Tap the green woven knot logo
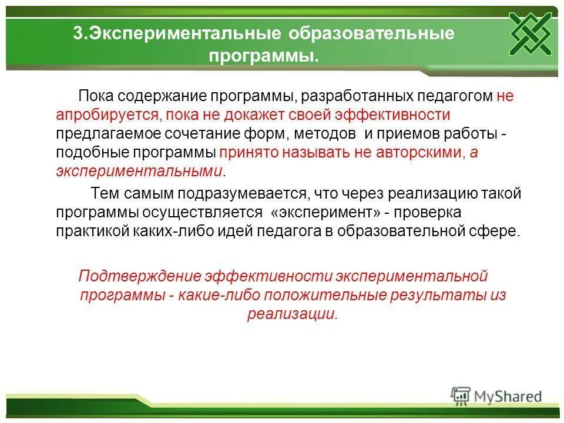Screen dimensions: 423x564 tap(530, 33)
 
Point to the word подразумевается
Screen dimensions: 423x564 tap(247, 193)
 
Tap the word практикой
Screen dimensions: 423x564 tap(92, 231)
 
